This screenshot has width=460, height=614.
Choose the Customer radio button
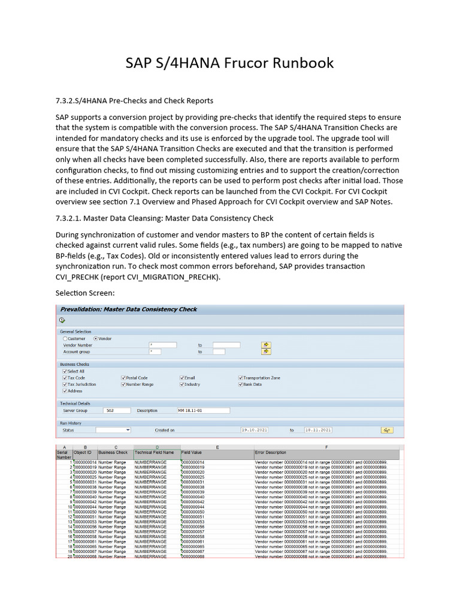[65, 339]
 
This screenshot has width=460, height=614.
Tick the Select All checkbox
[65, 372]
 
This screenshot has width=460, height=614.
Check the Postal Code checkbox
[123, 378]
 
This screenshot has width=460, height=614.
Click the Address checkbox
[65, 391]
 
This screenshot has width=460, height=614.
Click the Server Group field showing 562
[117, 411]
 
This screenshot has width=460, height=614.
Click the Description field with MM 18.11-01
[203, 411]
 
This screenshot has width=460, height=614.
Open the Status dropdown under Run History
[113, 430]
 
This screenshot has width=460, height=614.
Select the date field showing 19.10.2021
[255, 430]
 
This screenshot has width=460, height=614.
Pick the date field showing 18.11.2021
[318, 430]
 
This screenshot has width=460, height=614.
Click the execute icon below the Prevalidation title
[62, 320]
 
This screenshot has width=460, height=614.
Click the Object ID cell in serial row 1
[84, 463]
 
